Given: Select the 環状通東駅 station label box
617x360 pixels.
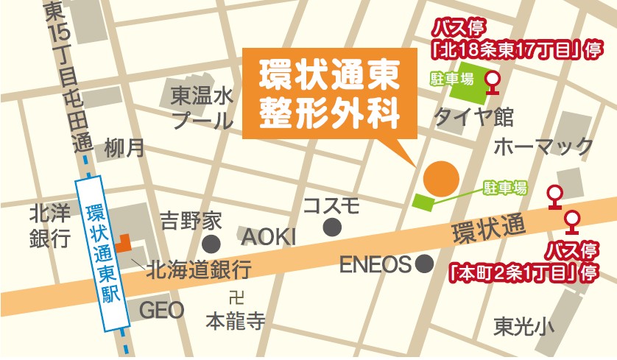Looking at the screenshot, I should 102,251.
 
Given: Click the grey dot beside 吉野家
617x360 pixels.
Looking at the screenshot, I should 212,244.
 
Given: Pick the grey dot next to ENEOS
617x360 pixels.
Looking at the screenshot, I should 423,263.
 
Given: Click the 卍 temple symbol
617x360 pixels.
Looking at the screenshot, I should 236,299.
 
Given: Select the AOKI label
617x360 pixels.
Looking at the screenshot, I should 268,236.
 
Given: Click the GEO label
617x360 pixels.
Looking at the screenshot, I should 161,310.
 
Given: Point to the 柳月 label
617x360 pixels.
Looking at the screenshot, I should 124,148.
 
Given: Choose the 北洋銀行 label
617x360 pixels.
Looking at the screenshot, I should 49,226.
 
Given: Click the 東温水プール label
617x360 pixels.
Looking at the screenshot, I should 201,108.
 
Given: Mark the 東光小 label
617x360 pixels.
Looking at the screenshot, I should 523,325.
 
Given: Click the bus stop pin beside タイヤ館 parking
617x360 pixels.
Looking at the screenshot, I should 494,80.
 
